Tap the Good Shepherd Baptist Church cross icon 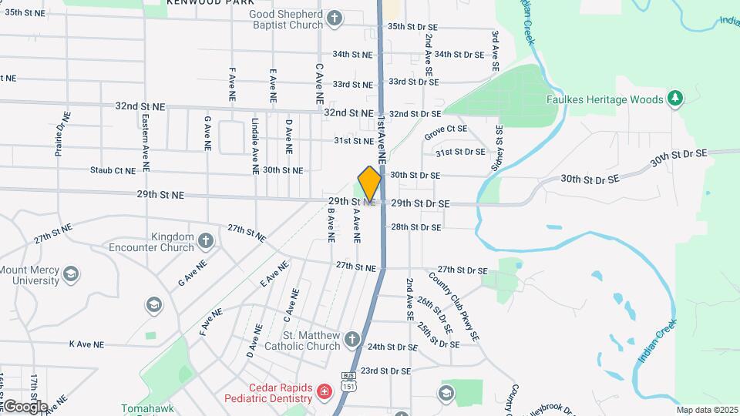click(x=334, y=18)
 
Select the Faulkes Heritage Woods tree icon click(x=675, y=99)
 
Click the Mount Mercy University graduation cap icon click(x=71, y=274)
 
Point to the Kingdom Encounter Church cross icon click(x=205, y=241)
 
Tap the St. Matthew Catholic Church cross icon click(x=352, y=339)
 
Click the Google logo click(x=25, y=406)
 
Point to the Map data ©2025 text click(x=708, y=410)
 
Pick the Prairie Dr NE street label click(x=62, y=134)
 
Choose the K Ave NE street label click(x=86, y=344)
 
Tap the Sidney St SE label click(x=499, y=147)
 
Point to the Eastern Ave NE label click(x=146, y=143)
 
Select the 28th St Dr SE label click(x=415, y=227)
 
